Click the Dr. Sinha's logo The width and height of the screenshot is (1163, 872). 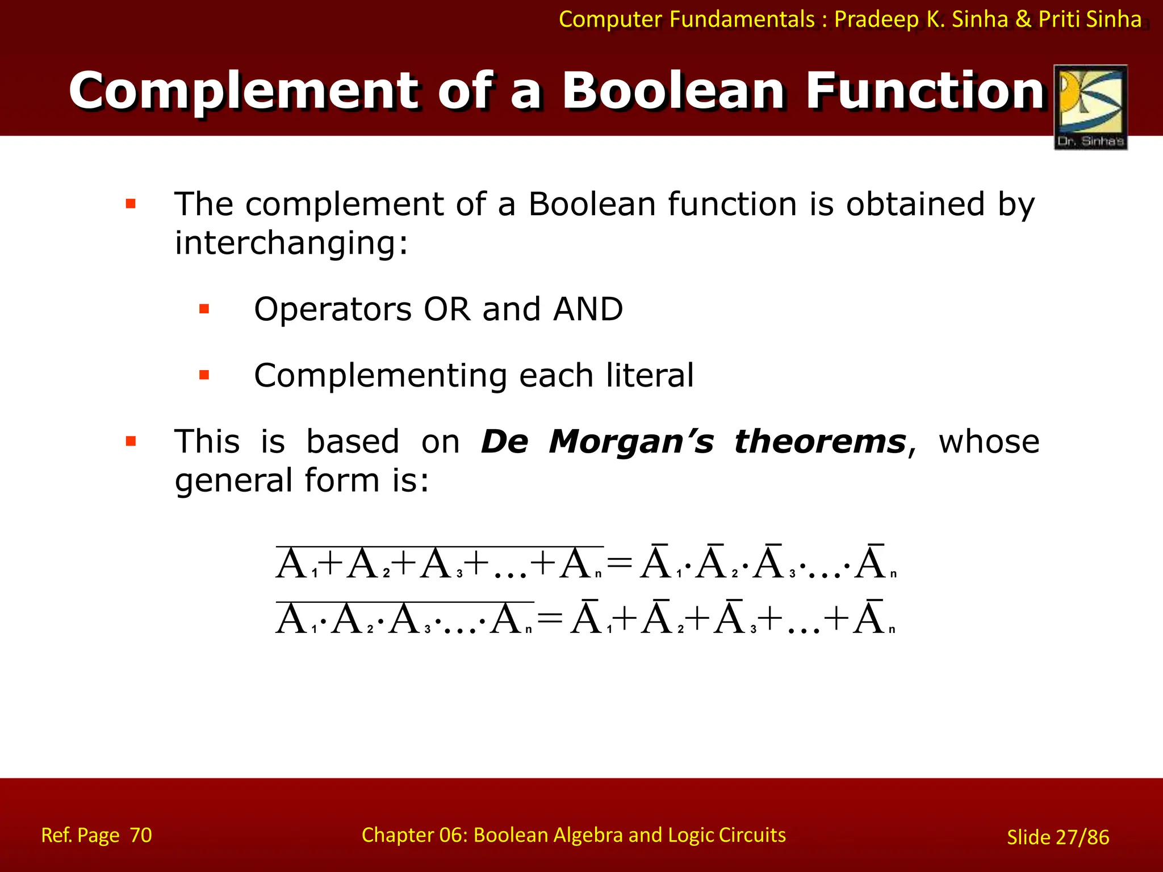[1090, 107]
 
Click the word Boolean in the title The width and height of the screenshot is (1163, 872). [673, 91]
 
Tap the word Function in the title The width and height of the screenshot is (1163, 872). [926, 91]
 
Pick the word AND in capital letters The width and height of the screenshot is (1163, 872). [588, 309]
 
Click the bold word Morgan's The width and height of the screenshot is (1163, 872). [631, 442]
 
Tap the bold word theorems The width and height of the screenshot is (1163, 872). [820, 442]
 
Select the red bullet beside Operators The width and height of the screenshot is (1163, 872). [204, 309]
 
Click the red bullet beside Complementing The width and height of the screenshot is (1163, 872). [204, 375]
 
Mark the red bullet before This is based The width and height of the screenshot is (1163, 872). [131, 442]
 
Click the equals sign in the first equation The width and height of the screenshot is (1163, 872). [620, 564]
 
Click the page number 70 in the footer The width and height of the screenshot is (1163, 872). [141, 835]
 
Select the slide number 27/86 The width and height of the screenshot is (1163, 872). [1082, 837]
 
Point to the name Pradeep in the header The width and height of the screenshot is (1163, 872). [876, 19]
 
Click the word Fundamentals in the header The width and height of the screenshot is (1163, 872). [742, 19]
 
